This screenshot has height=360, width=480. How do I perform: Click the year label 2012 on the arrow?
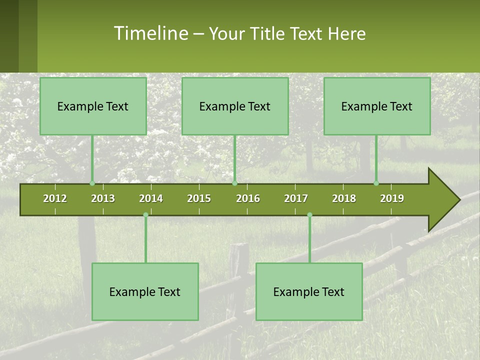(55, 198)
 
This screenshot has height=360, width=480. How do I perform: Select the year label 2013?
(103, 198)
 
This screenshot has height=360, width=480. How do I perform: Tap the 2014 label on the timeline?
(151, 198)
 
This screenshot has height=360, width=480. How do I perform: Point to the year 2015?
(199, 198)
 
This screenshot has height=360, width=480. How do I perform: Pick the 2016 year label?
(248, 198)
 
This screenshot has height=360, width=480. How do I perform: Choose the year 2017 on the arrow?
(296, 198)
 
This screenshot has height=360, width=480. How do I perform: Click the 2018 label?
(344, 198)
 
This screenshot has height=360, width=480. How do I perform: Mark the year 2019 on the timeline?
(392, 198)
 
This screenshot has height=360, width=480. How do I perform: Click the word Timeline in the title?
(151, 33)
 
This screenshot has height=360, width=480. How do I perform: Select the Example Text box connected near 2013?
(93, 106)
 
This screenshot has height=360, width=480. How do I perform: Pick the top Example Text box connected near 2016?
(235, 106)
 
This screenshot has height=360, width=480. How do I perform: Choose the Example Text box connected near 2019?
(377, 106)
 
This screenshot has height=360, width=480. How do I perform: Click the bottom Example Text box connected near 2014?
(145, 291)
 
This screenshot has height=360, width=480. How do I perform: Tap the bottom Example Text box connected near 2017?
(309, 291)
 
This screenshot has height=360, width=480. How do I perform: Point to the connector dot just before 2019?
(376, 183)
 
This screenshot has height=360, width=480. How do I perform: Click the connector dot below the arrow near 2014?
(145, 215)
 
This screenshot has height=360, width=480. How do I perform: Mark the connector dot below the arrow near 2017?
(309, 215)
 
